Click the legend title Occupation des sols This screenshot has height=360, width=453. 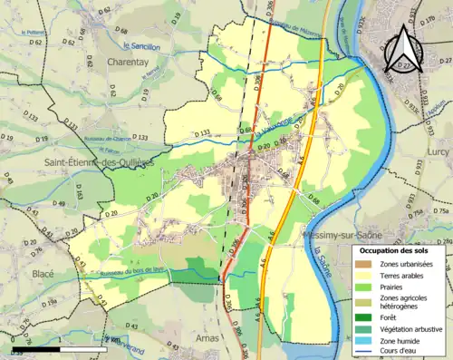coord(395,250)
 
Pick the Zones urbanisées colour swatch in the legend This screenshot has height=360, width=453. coord(366,264)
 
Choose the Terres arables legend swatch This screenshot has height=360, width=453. coord(366,275)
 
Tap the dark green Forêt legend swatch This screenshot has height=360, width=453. coord(366,316)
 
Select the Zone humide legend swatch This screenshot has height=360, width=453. coord(366,338)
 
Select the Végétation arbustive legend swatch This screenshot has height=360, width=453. coord(366,327)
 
